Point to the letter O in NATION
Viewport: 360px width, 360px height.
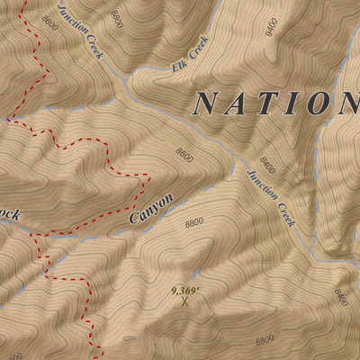(x=318, y=103)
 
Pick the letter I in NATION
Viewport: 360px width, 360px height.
(x=292, y=103)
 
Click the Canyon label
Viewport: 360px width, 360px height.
(x=150, y=209)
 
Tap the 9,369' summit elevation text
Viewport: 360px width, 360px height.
(x=186, y=291)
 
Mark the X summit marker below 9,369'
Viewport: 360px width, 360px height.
(x=185, y=303)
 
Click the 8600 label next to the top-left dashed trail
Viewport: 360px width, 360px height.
(x=49, y=24)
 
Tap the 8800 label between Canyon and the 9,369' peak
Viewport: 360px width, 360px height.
(x=194, y=222)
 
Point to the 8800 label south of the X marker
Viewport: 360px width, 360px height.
(x=265, y=340)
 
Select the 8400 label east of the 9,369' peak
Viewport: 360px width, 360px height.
(x=340, y=296)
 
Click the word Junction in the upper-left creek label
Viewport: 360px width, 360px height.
(x=70, y=18)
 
